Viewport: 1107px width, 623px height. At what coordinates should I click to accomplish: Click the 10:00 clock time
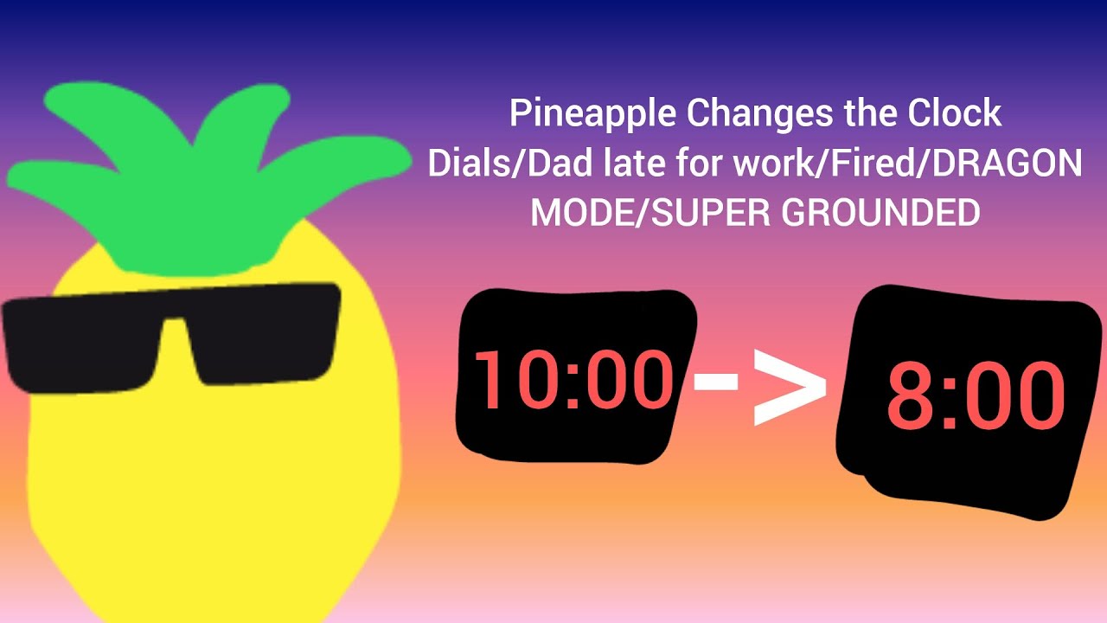click(x=573, y=380)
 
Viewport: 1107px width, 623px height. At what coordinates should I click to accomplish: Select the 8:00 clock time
click(x=975, y=397)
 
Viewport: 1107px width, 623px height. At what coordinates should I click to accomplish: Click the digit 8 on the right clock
click(x=908, y=397)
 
